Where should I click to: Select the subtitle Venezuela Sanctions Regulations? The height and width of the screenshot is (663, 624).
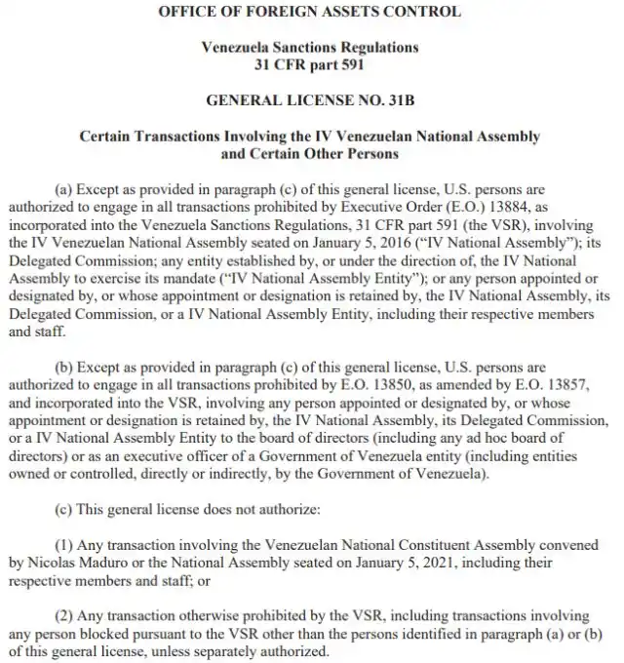310,47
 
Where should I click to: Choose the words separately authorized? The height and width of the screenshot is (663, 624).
267,650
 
